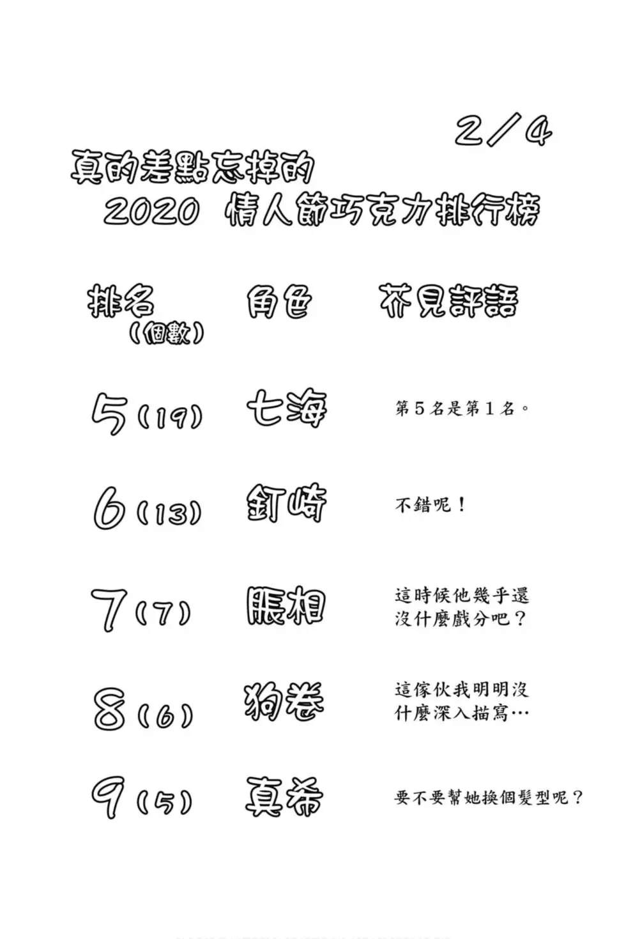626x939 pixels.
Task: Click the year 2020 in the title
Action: pos(151,211)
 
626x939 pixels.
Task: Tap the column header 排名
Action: pos(121,302)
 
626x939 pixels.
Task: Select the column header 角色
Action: pos(279,302)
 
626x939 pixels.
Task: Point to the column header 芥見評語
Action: pos(449,302)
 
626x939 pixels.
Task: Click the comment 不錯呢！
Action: pos(431,505)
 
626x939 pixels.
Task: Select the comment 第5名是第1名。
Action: pos(462,408)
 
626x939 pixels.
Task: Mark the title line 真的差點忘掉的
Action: pos(192,167)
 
